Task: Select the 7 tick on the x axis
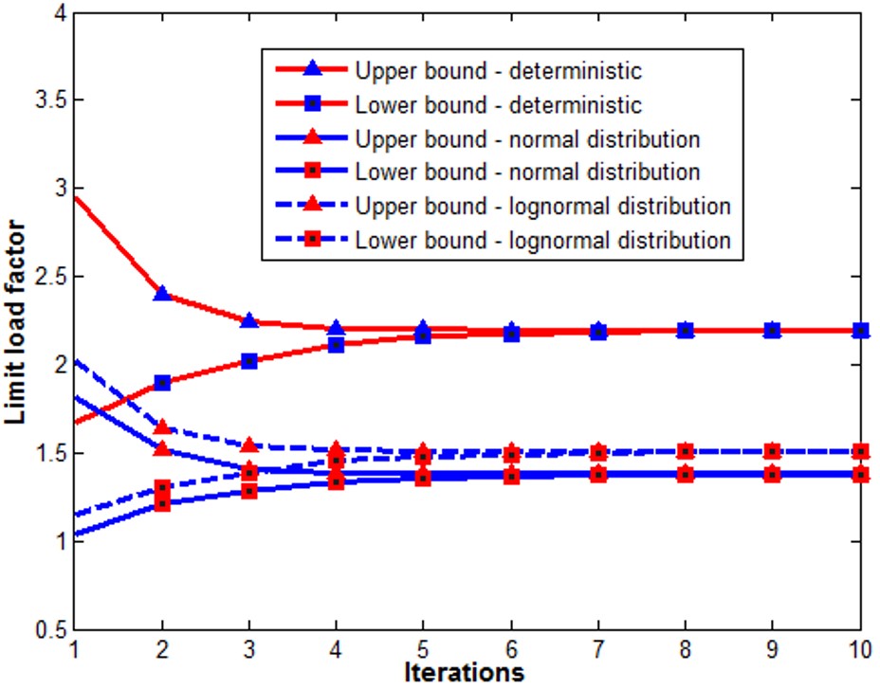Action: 597,650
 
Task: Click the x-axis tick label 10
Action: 859,650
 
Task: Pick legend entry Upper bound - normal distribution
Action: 526,139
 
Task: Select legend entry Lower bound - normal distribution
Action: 526,172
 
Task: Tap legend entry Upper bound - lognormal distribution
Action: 542,207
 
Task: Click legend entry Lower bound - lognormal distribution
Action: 542,240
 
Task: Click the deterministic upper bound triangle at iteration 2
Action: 162,294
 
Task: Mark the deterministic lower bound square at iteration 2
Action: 162,383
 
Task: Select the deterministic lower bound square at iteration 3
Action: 249,361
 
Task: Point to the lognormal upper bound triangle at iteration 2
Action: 162,427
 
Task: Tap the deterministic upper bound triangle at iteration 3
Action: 249,321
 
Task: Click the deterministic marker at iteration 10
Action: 860,331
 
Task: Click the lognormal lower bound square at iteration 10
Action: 860,452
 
